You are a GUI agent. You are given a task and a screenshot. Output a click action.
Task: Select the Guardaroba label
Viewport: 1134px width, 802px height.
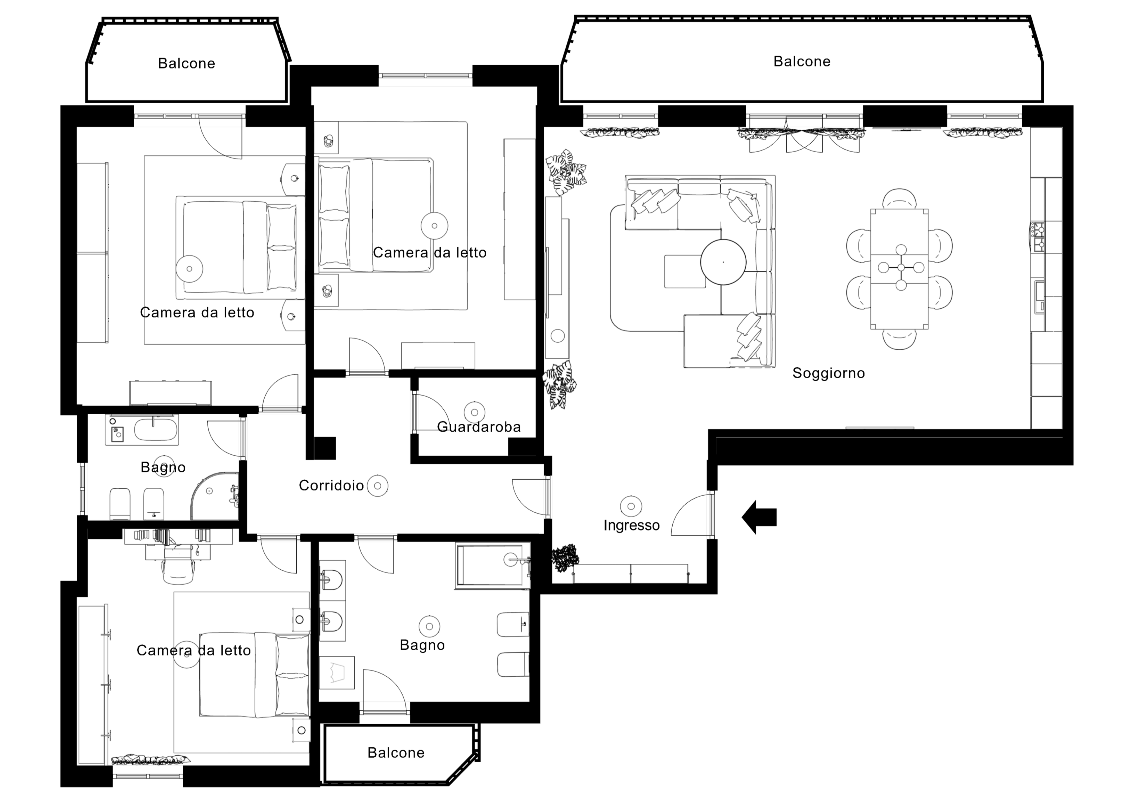click(479, 427)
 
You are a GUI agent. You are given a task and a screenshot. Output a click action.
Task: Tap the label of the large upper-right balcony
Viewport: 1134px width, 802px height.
click(802, 62)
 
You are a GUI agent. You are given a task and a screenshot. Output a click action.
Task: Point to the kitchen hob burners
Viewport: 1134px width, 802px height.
click(1038, 236)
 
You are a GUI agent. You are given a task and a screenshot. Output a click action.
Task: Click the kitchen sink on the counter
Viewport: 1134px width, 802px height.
click(1040, 296)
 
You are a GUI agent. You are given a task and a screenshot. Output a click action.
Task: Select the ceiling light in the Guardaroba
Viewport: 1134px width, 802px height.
click(475, 412)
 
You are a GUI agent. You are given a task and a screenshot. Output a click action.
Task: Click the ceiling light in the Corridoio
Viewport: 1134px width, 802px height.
click(378, 486)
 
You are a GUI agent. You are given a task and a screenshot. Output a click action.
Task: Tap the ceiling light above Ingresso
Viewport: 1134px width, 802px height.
click(631, 506)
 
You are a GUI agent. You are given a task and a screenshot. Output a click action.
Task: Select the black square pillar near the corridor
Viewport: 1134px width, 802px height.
click(325, 448)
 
